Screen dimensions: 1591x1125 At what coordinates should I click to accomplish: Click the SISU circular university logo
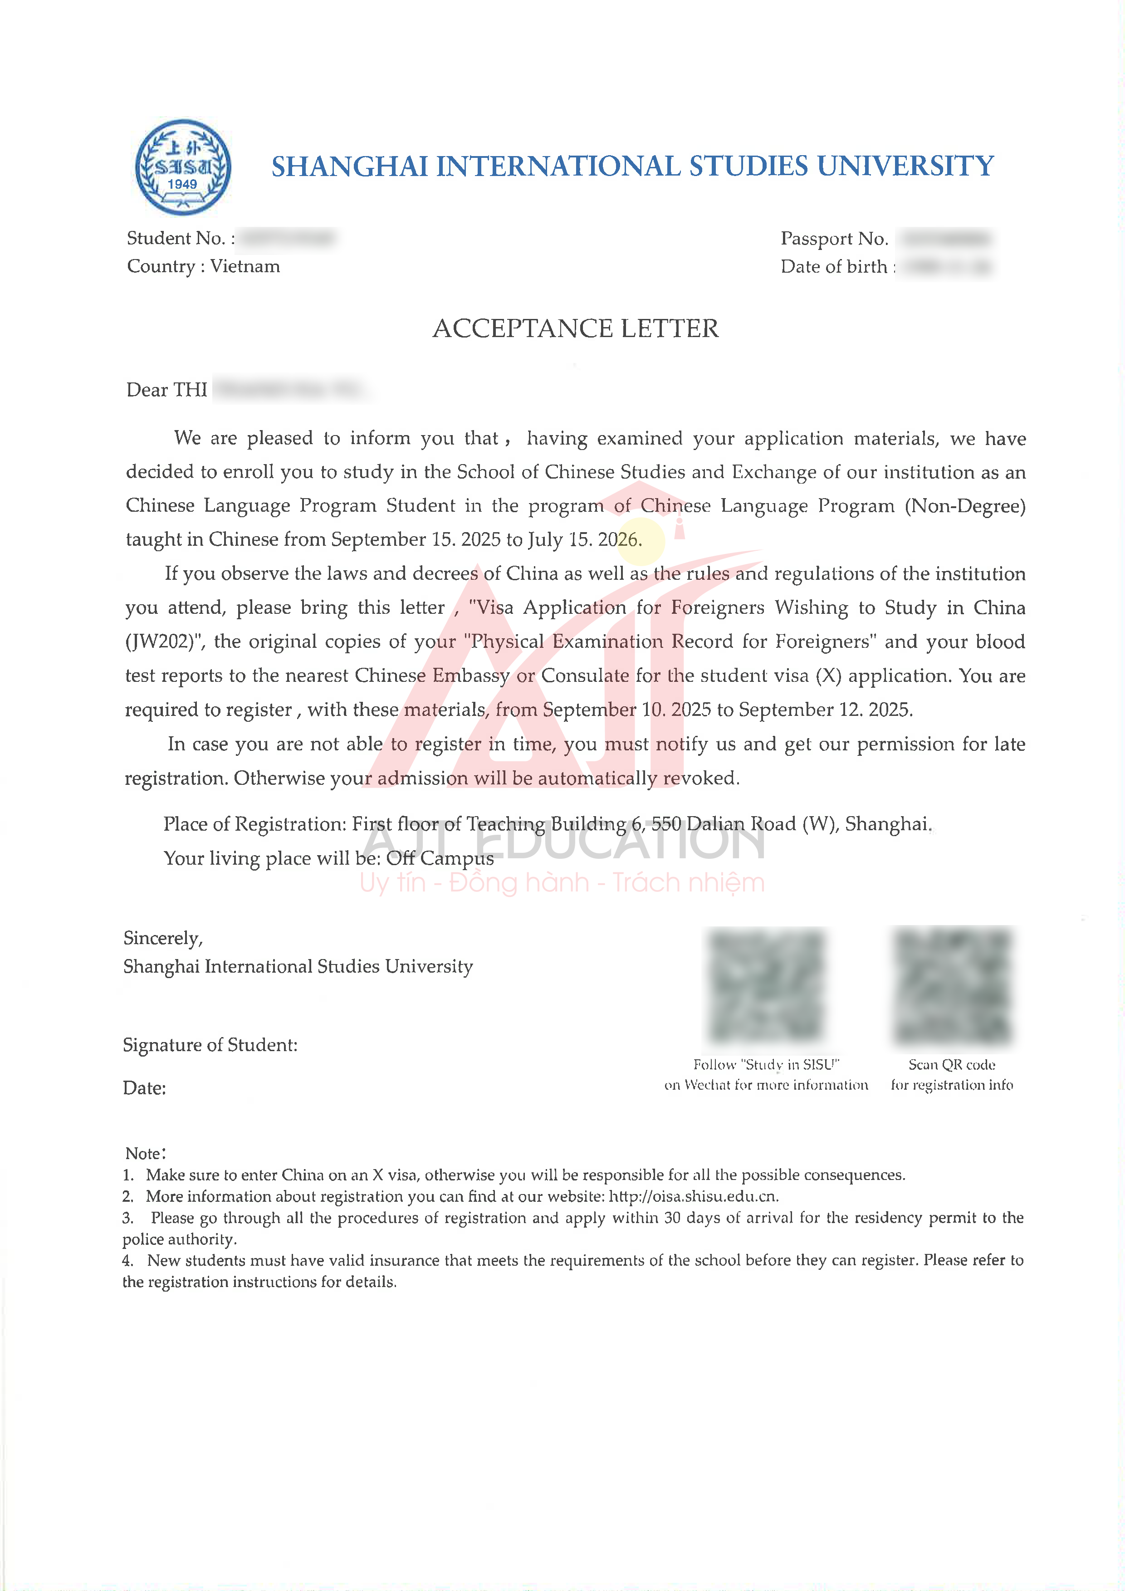[x=183, y=167]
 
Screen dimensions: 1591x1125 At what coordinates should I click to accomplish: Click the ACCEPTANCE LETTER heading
[x=576, y=328]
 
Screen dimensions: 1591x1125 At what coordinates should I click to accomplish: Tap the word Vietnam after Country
[x=245, y=267]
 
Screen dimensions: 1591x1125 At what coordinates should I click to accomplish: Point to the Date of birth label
[x=834, y=267]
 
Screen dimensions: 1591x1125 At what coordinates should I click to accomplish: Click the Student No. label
[x=177, y=238]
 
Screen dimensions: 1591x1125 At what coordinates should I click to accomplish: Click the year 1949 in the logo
[x=182, y=184]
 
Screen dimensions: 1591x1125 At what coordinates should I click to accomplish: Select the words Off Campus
[x=440, y=858]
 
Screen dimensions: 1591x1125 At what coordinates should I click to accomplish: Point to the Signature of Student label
[x=210, y=1045]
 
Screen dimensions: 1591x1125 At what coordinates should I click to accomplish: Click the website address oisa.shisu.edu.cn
[x=694, y=1197]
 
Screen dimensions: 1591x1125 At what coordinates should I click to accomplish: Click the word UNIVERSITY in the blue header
[x=905, y=166]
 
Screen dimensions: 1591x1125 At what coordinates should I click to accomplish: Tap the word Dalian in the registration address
[x=716, y=824]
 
